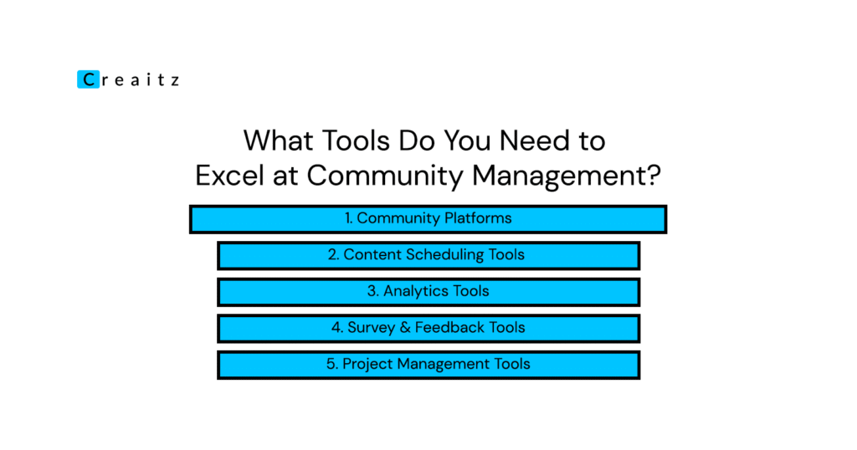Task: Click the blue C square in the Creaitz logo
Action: point(88,79)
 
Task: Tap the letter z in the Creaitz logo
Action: point(174,81)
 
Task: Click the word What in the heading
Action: point(278,141)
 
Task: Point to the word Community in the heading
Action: point(385,176)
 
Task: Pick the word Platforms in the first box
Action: point(478,218)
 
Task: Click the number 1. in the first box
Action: point(349,218)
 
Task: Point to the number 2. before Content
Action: point(333,254)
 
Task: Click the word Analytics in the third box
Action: point(416,291)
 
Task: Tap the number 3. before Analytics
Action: point(373,291)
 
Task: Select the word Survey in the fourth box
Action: point(371,328)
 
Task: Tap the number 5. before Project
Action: point(331,364)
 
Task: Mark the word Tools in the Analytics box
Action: point(471,291)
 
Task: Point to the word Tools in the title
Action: point(356,141)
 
